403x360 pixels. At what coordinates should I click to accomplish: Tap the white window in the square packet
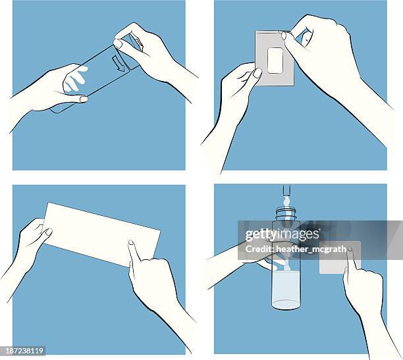tap(275, 60)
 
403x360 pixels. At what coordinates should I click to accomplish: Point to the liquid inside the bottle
tap(286, 290)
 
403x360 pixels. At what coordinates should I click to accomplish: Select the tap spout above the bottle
tap(286, 195)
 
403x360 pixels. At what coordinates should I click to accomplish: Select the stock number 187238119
tap(24, 351)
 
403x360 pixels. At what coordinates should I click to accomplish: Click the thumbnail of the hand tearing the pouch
tap(119, 43)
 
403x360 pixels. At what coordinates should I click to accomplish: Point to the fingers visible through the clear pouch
tap(75, 80)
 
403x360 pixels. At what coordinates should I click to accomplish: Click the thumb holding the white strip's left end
tap(46, 232)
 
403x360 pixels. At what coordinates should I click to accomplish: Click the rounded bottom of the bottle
tap(286, 305)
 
